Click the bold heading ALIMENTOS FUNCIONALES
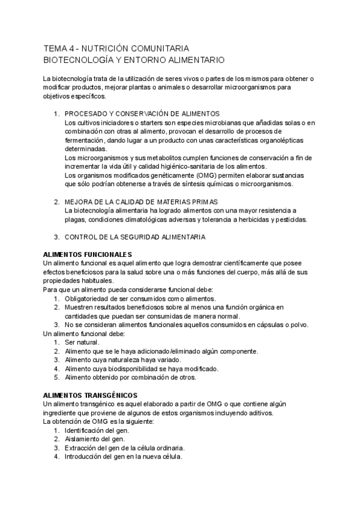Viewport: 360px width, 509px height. pyautogui.click(x=88, y=254)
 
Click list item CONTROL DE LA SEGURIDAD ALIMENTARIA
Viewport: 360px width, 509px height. pyautogui.click(x=135, y=237)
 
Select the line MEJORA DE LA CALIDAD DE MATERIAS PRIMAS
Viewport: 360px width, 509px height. pyautogui.click(x=140, y=202)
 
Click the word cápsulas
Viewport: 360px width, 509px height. pyautogui.click(x=268, y=325)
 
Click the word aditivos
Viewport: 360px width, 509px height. pyautogui.click(x=260, y=412)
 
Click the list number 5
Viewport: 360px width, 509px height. pyautogui.click(x=55, y=378)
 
